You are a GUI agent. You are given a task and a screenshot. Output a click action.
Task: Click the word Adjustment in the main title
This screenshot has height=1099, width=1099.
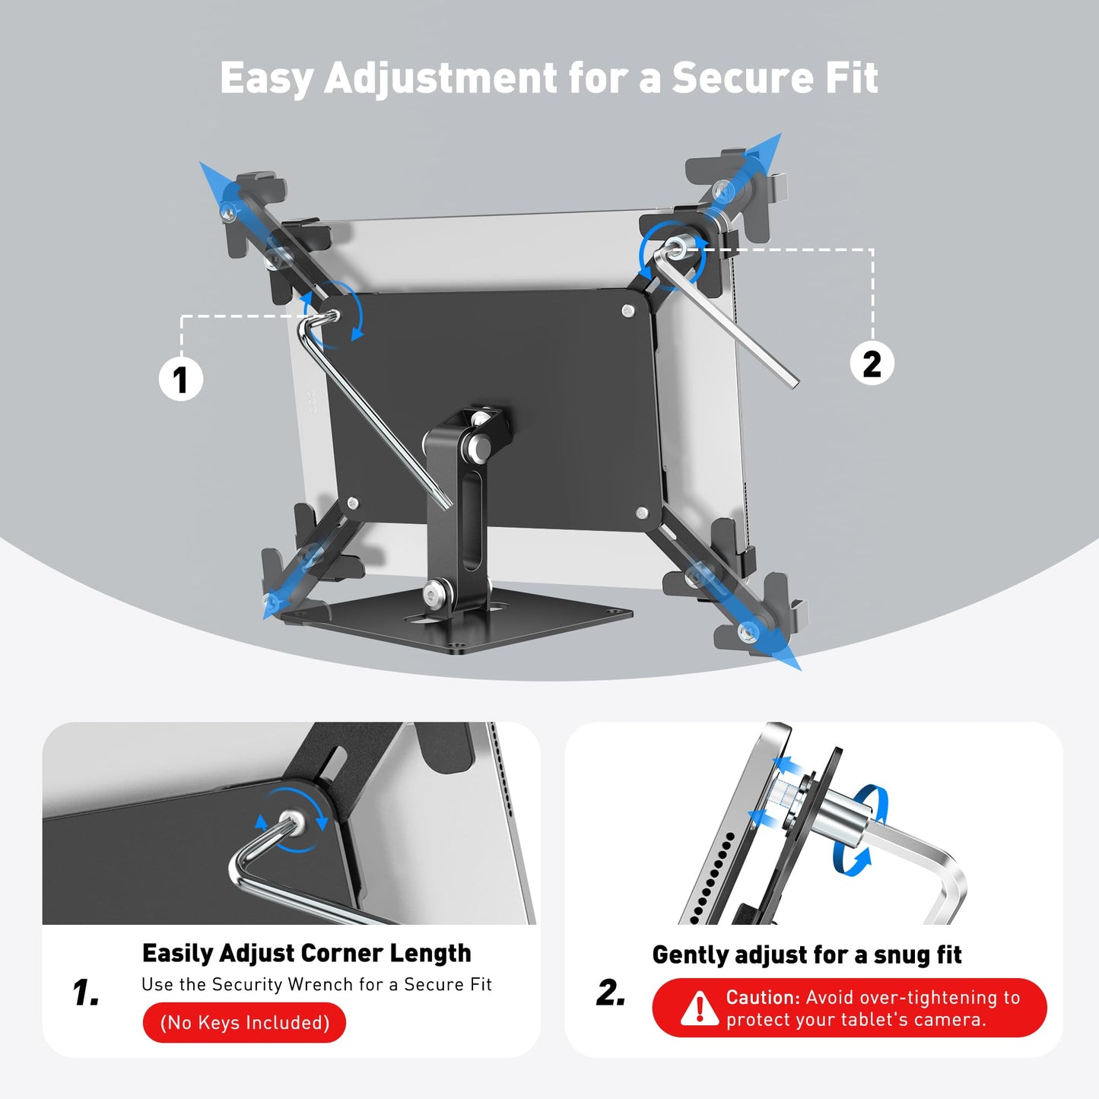click(441, 78)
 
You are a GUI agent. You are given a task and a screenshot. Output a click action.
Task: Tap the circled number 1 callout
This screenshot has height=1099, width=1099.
click(180, 380)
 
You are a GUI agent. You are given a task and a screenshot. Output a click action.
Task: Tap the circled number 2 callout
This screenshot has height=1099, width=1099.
click(872, 364)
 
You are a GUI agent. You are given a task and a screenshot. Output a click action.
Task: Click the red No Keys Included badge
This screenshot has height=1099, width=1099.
click(244, 1023)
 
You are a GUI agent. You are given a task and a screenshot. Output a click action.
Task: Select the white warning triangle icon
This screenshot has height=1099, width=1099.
click(697, 1008)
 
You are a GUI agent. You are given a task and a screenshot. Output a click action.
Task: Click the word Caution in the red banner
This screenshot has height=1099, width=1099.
click(762, 997)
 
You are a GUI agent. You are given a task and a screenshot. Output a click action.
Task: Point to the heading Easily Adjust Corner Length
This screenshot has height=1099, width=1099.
click(307, 953)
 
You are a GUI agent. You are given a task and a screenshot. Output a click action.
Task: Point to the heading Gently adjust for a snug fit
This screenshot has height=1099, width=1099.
click(807, 954)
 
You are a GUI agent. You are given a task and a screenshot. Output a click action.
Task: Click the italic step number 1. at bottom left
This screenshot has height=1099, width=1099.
click(86, 993)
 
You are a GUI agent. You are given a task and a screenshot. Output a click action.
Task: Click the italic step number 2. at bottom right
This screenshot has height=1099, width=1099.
click(611, 993)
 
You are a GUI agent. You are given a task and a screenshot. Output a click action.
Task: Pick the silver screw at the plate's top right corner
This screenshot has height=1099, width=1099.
click(628, 311)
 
